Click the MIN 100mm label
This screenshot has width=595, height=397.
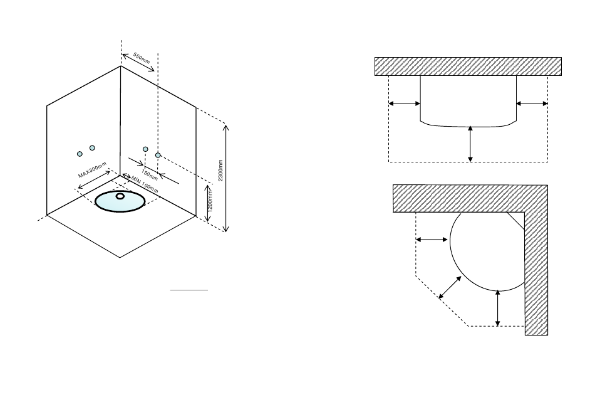[x=145, y=184]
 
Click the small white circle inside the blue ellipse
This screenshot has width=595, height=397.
[x=120, y=196]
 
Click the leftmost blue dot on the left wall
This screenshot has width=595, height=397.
[x=80, y=154]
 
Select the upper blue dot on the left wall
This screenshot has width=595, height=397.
[x=92, y=147]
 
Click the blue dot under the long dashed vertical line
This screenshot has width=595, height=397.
[x=158, y=154]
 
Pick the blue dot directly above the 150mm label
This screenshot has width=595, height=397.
[x=145, y=149]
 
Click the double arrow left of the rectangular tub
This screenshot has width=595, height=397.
[x=405, y=103]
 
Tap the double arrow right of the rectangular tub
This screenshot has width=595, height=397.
[x=532, y=103]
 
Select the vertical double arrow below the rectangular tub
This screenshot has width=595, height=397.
[x=470, y=144]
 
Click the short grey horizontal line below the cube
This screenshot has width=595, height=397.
[x=190, y=290]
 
